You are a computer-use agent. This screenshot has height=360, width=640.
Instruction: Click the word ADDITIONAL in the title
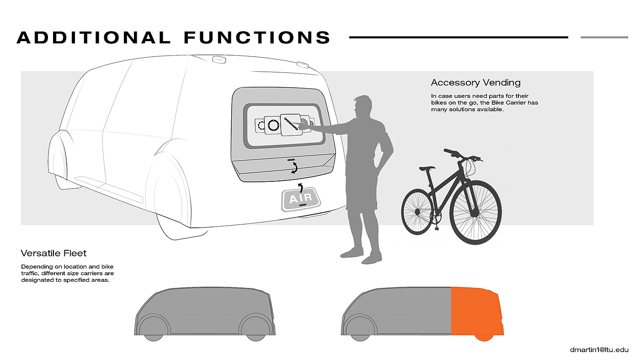tap(94, 37)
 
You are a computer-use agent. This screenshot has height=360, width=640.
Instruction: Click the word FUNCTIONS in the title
tap(257, 37)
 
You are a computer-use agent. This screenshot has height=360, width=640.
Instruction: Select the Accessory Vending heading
tap(475, 83)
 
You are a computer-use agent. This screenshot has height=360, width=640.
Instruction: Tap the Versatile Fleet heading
tap(53, 253)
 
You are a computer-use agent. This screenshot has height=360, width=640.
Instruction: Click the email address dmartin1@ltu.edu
tap(599, 350)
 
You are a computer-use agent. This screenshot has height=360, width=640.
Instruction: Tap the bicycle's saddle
tap(428, 168)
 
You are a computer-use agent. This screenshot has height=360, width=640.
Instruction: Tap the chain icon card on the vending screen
tap(292, 125)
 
